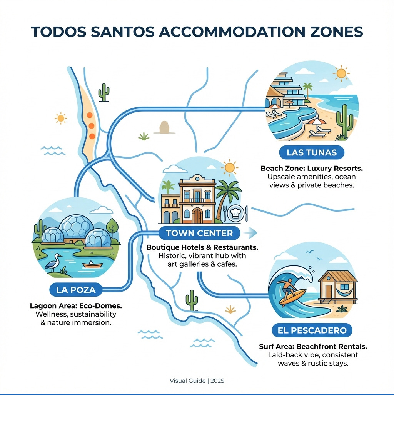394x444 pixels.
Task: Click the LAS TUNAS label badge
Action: click(x=311, y=152)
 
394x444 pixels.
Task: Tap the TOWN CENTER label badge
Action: click(x=199, y=233)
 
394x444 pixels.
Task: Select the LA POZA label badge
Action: click(x=75, y=290)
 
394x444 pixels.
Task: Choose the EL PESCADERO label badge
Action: click(x=312, y=330)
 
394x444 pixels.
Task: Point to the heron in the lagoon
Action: click(x=56, y=262)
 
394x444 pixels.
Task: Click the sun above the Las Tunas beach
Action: click(x=341, y=73)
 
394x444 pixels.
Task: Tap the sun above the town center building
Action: click(x=229, y=167)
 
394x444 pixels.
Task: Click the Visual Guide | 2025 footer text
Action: click(x=197, y=381)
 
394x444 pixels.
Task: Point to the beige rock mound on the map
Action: click(x=164, y=127)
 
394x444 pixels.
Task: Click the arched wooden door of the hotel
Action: click(x=197, y=216)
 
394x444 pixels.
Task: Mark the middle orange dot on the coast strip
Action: click(x=91, y=125)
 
